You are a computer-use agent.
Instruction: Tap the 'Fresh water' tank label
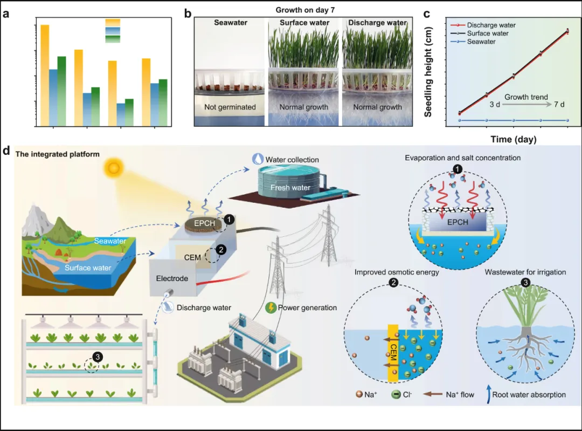click(x=290, y=187)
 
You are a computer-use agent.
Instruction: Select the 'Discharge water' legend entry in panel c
click(x=491, y=25)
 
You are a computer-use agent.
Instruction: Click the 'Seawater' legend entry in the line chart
click(x=481, y=42)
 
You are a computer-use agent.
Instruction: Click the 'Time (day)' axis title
click(x=513, y=140)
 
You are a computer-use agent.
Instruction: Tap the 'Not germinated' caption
click(x=230, y=107)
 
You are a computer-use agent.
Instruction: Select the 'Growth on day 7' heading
click(x=303, y=10)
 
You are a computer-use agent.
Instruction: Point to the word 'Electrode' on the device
click(x=172, y=279)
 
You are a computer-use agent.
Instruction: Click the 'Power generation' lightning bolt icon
click(x=272, y=307)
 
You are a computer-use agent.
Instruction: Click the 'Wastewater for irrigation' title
click(x=525, y=272)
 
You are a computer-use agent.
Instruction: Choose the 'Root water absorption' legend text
click(x=529, y=394)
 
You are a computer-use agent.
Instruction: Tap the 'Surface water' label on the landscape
click(x=88, y=268)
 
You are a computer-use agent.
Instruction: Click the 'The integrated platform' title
click(x=58, y=154)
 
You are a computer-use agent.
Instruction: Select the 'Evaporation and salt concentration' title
click(x=462, y=158)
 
